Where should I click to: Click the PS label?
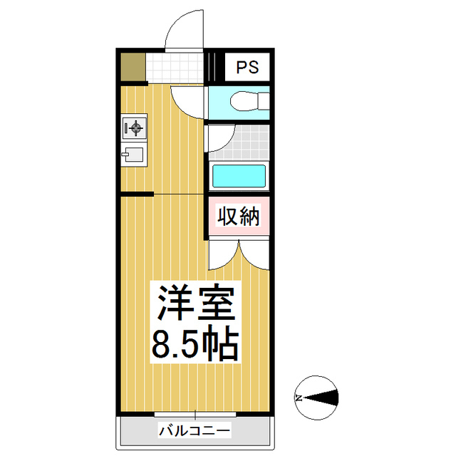click(247, 68)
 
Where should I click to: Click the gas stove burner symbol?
click(133, 128)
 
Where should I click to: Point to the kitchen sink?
click(133, 155)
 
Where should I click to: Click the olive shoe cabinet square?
click(133, 68)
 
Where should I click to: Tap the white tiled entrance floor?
click(175, 68)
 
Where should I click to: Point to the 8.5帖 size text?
click(194, 344)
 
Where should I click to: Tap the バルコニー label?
click(194, 430)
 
